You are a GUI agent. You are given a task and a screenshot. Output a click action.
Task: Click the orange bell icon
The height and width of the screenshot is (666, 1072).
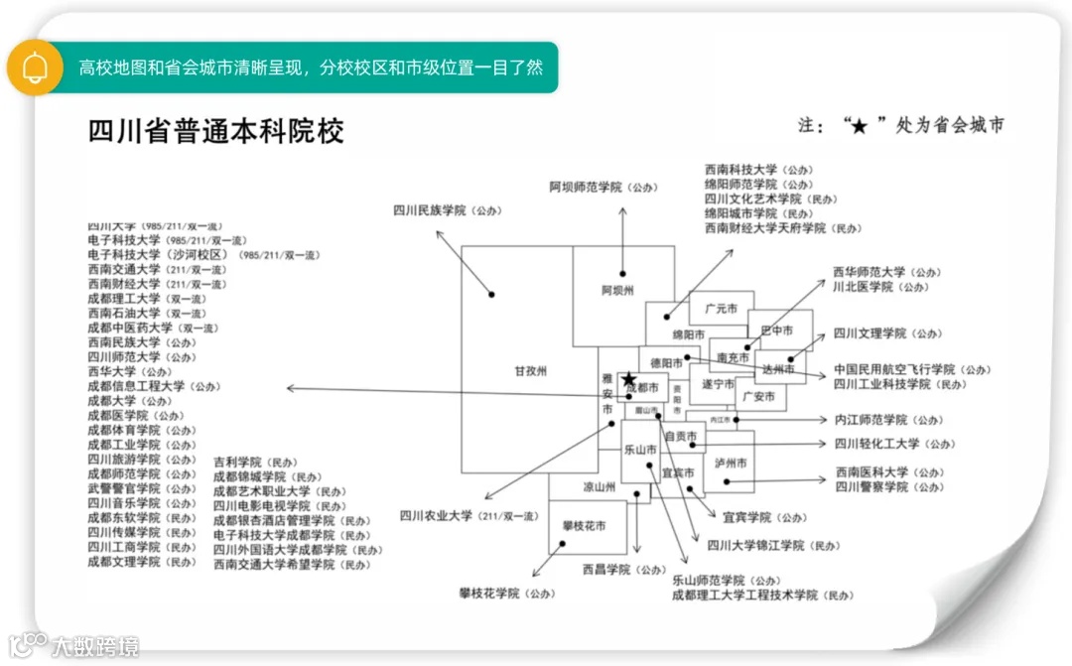point(35,67)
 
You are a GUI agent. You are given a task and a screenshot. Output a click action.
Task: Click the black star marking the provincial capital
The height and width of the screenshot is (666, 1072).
point(628,379)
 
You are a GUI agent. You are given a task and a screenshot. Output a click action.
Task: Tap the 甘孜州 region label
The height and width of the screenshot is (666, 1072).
point(531,371)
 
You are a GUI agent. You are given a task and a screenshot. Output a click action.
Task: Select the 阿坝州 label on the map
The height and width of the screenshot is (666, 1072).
point(616,291)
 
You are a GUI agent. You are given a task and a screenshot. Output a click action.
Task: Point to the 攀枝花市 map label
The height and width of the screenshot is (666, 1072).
point(584,525)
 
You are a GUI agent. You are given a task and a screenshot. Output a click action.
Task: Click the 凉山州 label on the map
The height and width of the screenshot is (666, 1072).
point(600,487)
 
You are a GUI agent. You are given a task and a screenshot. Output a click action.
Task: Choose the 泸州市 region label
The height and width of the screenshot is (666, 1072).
point(731,464)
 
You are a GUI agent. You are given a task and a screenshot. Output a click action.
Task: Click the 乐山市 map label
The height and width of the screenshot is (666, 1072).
point(640,450)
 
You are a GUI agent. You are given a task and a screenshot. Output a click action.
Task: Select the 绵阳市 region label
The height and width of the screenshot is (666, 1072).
point(688,334)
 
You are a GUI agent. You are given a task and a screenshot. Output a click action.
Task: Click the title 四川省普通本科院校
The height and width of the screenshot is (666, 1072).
point(216,132)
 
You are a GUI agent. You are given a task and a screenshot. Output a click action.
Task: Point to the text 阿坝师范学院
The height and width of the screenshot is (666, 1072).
point(586,187)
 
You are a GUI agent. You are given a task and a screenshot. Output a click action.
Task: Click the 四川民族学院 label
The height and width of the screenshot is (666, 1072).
point(430,210)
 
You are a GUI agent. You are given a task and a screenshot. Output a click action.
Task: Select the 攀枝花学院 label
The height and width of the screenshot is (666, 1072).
point(488,594)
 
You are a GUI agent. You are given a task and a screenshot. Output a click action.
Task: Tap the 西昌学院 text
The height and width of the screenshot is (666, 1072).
point(606,570)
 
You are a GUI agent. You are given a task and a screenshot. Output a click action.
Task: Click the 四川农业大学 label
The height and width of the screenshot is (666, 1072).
point(437,516)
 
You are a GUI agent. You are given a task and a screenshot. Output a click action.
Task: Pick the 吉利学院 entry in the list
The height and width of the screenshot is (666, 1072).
point(237,463)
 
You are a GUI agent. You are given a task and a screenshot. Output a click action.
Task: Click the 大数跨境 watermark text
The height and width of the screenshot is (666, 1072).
point(95,646)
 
